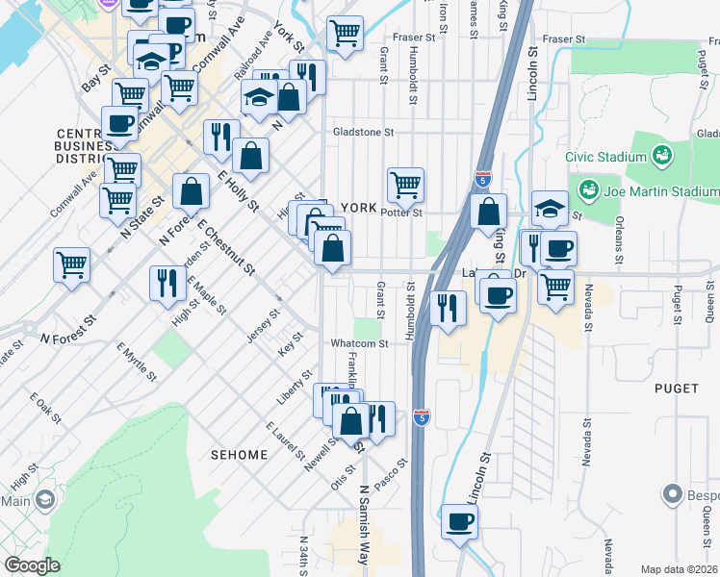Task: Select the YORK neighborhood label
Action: point(357,207)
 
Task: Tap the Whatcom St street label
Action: point(359,343)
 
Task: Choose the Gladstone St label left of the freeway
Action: point(365,133)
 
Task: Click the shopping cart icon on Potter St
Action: point(405,183)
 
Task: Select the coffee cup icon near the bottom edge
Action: point(459,522)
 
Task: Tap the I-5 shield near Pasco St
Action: point(421,416)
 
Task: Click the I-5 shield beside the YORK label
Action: point(483,179)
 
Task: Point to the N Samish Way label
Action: point(364,519)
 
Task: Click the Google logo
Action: point(32,565)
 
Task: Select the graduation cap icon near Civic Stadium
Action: point(549,207)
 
